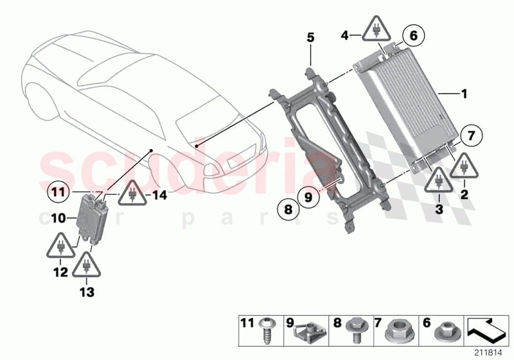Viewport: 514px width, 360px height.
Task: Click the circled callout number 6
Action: (x=413, y=36)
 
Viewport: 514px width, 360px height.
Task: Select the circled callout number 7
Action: (x=471, y=136)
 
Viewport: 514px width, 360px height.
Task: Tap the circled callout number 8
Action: (x=287, y=211)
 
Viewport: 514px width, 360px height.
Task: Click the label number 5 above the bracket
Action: (x=310, y=38)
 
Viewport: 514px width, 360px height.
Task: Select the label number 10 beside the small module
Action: (x=59, y=218)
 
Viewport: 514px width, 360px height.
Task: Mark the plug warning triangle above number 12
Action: (x=61, y=247)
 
